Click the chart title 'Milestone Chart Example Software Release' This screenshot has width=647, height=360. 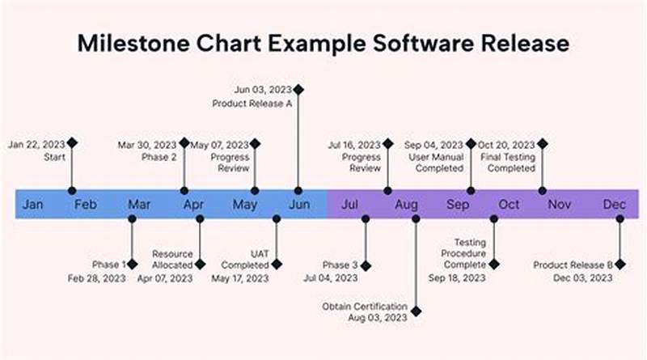(x=323, y=43)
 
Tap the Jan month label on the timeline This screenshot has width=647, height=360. (x=33, y=205)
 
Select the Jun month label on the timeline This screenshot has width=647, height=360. (x=298, y=205)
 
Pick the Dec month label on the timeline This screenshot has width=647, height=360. (x=614, y=205)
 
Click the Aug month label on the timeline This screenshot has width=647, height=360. (x=406, y=205)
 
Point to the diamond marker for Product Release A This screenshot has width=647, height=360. (x=298, y=89)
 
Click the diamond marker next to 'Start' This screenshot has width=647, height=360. (x=72, y=142)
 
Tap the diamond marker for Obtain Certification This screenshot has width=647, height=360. (x=416, y=309)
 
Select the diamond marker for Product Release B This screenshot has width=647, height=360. (x=620, y=264)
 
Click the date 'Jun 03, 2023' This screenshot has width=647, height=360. (x=262, y=89)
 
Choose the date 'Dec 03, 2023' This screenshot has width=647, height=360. (x=584, y=278)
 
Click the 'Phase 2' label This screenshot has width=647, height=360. (x=160, y=157)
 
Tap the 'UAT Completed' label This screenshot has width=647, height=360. (x=245, y=259)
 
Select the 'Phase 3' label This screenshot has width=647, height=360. (x=340, y=265)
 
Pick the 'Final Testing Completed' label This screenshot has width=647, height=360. (x=507, y=163)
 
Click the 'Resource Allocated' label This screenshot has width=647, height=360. (x=172, y=259)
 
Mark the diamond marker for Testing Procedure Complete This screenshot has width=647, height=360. (x=493, y=264)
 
